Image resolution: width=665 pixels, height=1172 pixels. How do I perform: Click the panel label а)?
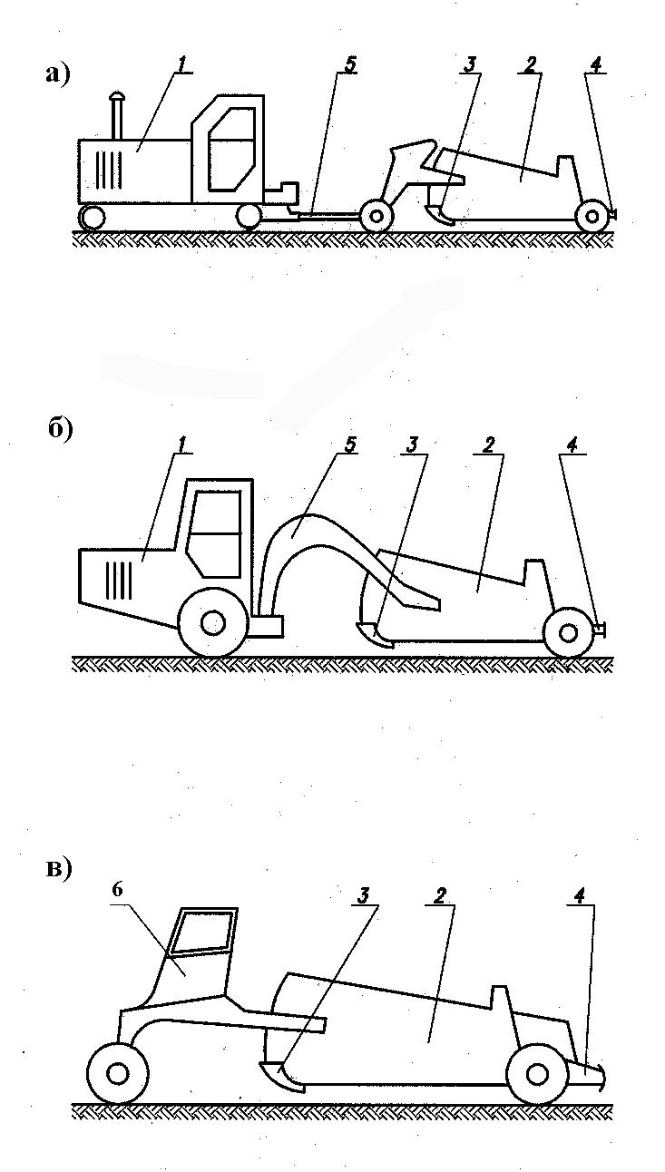pos(57,74)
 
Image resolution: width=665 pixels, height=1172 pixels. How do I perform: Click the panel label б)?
pos(59,430)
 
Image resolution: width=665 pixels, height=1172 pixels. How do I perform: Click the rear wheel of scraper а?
pos(592,216)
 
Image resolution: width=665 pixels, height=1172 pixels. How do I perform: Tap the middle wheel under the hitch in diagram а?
pos(376,216)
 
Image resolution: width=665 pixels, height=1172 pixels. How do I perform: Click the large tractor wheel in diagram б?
pos(212,624)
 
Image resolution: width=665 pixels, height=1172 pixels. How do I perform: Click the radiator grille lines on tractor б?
pos(120,580)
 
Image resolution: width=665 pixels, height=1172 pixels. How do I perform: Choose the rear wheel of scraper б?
pos(567,633)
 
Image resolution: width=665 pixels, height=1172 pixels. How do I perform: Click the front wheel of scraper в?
pos(117,1074)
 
